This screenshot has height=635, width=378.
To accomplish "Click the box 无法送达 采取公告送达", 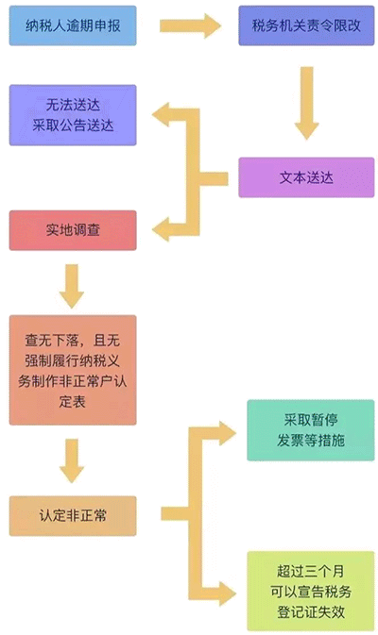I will coord(73,115).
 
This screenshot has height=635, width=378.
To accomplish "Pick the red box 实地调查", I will coord(73,230).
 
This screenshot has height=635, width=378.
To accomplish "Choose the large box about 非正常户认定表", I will coord(73,369).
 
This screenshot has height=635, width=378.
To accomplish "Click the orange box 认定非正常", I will coord(73,516).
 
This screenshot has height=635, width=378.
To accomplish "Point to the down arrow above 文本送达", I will coord(304,103).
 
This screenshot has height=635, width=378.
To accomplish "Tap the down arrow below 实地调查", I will coord(72,284).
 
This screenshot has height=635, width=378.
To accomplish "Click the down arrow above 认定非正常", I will coord(72,460).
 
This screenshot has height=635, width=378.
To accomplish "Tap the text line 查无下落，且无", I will coord(73,338).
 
